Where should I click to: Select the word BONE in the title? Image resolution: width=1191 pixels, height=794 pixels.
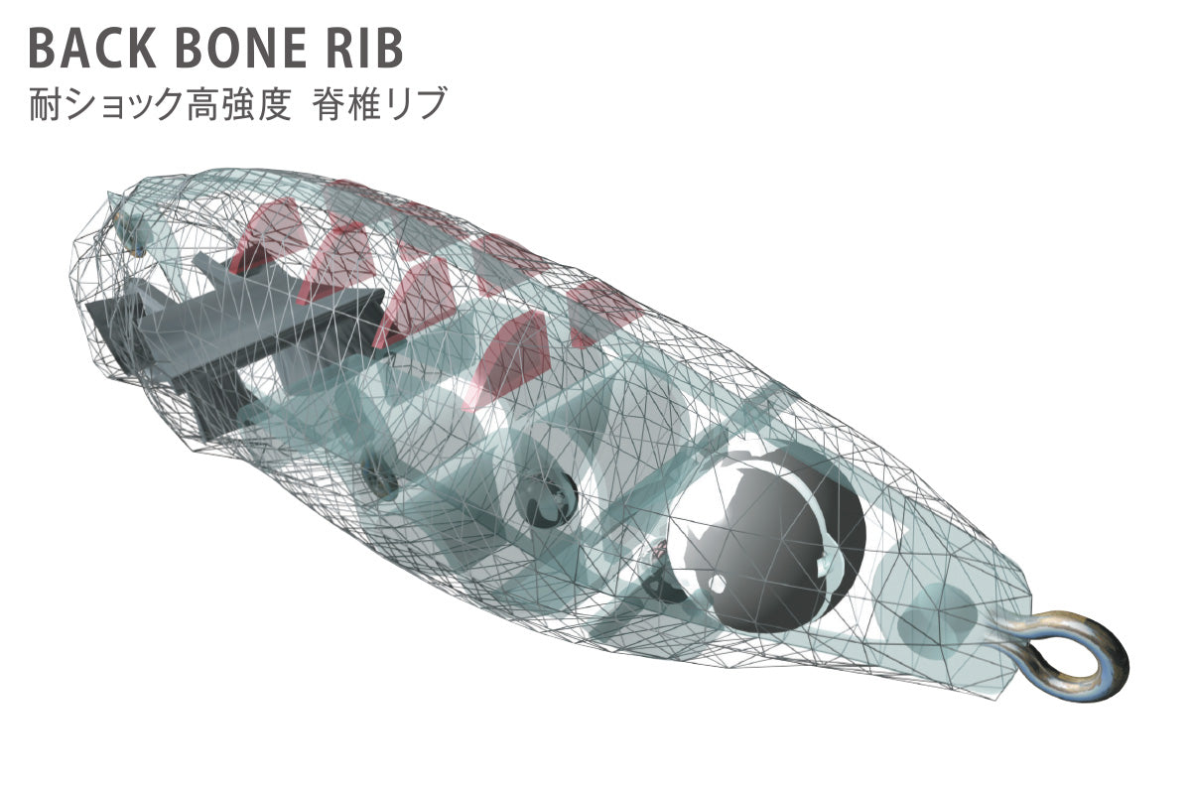(241, 49)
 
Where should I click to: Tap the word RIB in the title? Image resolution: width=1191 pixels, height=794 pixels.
(365, 49)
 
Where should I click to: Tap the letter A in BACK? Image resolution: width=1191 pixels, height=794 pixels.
(76, 49)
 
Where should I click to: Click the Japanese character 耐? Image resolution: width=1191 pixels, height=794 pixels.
(46, 103)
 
